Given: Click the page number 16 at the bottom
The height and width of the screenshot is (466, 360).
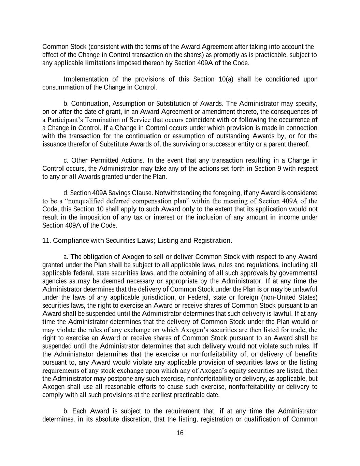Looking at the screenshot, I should (x=180, y=433).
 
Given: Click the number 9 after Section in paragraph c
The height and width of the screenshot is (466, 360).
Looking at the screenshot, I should (x=279, y=169).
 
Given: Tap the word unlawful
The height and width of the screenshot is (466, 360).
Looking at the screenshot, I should (x=304, y=289).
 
